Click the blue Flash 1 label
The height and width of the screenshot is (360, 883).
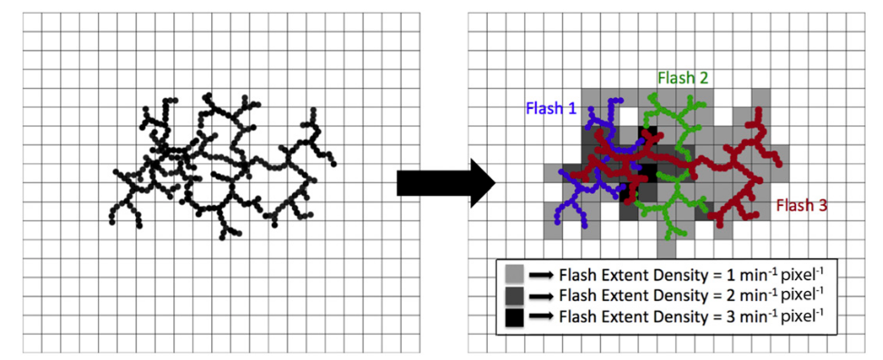(x=551, y=108)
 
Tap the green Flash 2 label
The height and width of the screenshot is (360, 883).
(x=683, y=77)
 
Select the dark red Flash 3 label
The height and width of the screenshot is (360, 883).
(x=801, y=206)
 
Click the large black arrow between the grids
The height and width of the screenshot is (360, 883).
(x=446, y=183)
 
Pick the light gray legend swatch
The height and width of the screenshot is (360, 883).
(x=515, y=275)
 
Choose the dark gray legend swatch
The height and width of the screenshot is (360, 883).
(x=515, y=296)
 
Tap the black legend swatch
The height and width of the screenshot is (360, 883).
(x=515, y=317)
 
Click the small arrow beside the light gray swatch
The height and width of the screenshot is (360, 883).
(x=541, y=275)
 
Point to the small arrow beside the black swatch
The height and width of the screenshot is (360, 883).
(x=541, y=317)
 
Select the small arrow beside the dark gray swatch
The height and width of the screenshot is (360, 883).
(x=541, y=297)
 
